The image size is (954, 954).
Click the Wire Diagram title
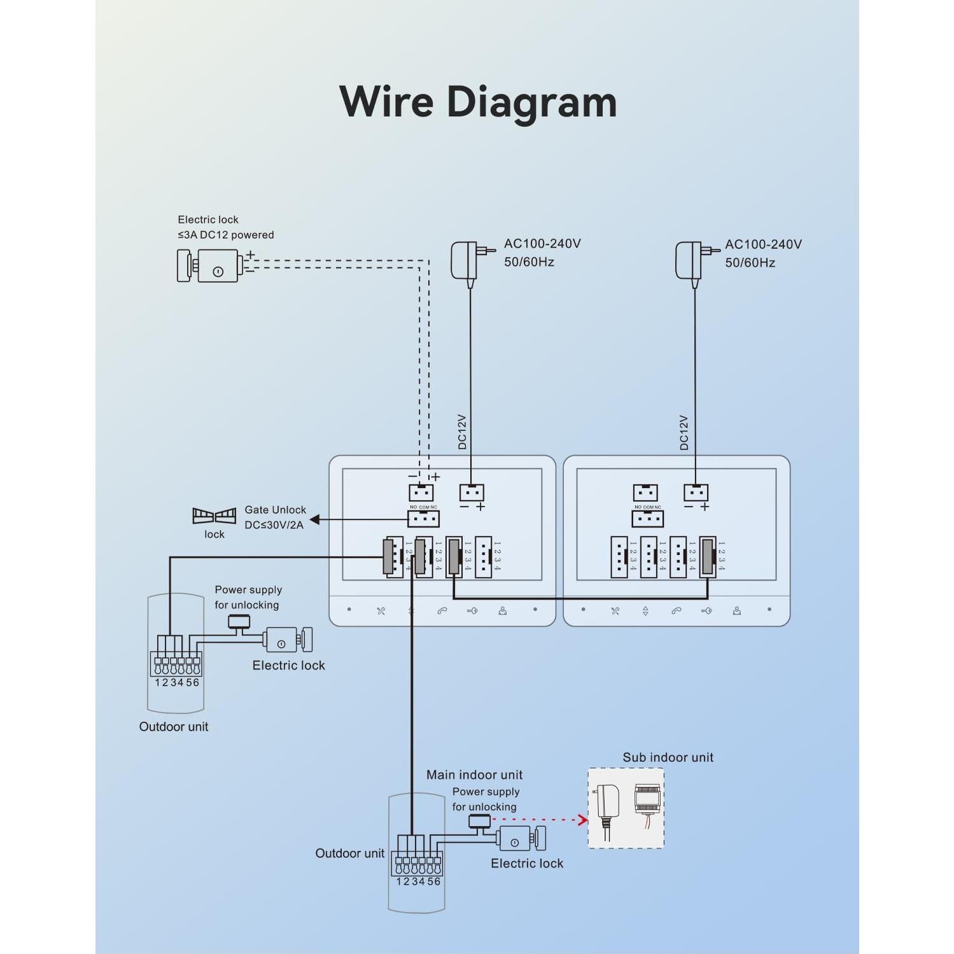click(478, 102)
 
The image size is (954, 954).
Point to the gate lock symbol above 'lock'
click(214, 516)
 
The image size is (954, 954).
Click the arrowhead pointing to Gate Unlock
click(315, 520)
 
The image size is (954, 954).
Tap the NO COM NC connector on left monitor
click(423, 519)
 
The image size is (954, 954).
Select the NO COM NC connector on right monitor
click(647, 519)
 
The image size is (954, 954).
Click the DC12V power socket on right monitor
click(696, 493)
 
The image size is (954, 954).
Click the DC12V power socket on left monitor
click(472, 493)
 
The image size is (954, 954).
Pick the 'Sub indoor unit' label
click(668, 757)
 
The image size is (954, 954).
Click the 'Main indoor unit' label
click(474, 775)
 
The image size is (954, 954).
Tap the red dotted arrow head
click(582, 820)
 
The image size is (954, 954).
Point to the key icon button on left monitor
click(472, 610)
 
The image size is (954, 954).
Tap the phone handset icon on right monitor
click(676, 611)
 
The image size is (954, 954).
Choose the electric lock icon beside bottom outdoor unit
click(522, 839)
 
